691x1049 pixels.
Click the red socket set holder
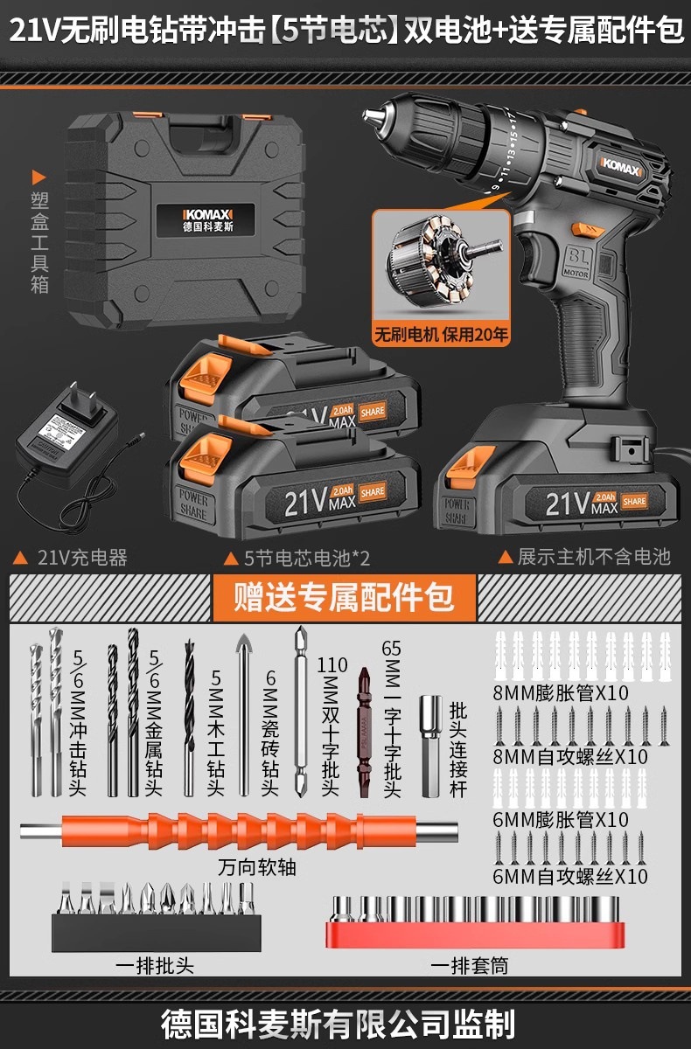tap(476, 921)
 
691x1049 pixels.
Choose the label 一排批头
tap(155, 965)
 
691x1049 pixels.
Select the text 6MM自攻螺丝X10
tap(569, 875)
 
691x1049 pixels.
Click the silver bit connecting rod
tap(431, 746)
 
